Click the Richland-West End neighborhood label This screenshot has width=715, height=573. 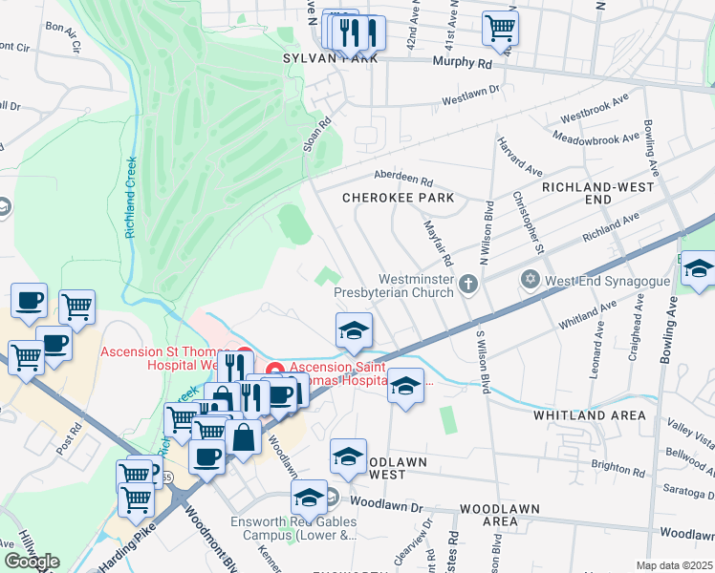click(x=590, y=193)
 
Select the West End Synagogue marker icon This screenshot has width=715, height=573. click(x=531, y=281)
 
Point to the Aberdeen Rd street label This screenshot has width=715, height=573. click(x=402, y=180)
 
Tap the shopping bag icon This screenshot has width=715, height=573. click(x=244, y=437)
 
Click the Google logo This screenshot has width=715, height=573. click(x=32, y=562)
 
